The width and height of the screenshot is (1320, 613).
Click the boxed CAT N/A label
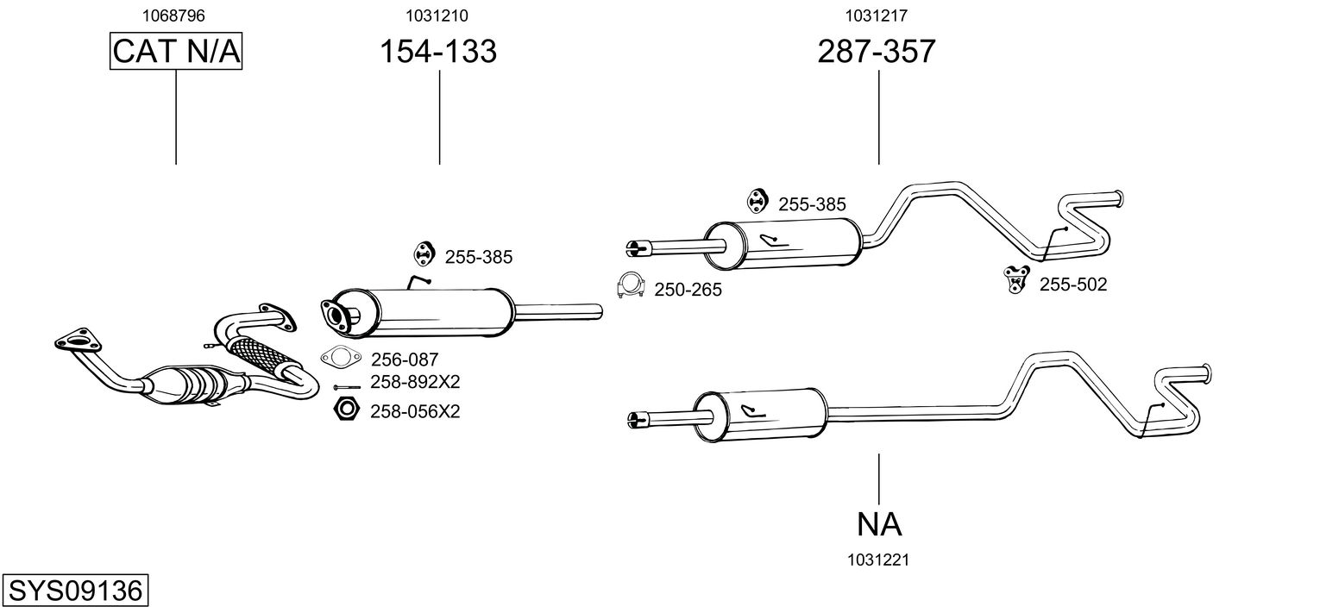tap(176, 52)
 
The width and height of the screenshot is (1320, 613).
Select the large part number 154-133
tap(438, 52)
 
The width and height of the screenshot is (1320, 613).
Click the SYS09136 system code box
tap(74, 591)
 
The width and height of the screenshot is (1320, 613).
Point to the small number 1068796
tap(176, 16)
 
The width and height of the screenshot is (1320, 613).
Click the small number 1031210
tap(437, 16)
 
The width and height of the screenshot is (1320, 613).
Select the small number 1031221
tap(878, 560)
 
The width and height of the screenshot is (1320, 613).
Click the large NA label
tap(879, 523)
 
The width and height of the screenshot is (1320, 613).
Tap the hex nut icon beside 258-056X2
tap(346, 410)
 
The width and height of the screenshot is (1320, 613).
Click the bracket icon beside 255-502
tap(1015, 278)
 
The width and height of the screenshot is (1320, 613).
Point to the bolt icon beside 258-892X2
tap(348, 386)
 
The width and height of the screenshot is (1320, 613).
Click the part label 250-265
tap(688, 291)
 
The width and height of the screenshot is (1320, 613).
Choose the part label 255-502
tap(1072, 285)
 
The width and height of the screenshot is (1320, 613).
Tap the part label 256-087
tap(405, 360)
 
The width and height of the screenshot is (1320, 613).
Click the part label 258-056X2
tap(415, 412)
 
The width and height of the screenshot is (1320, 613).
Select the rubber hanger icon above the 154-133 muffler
tap(423, 254)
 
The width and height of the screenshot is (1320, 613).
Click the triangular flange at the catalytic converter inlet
tap(75, 340)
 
